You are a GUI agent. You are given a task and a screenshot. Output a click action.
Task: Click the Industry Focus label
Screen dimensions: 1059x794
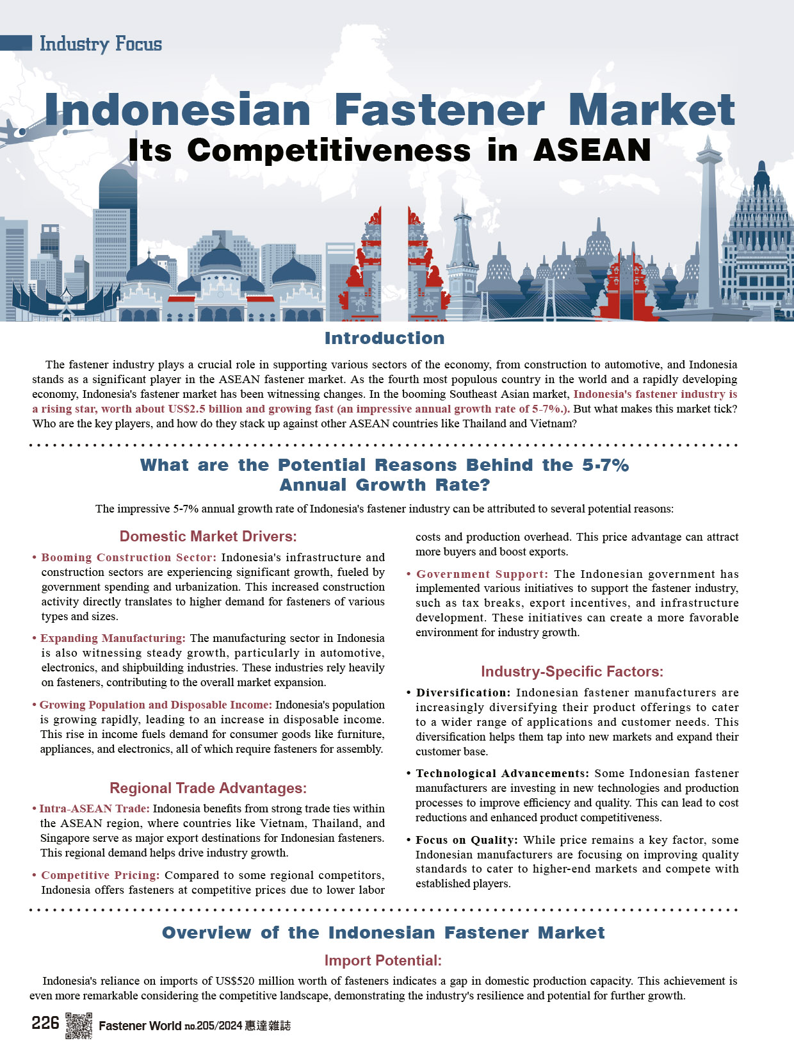(x=100, y=44)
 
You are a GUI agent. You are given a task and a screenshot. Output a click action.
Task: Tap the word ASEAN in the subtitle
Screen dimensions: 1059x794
(x=592, y=151)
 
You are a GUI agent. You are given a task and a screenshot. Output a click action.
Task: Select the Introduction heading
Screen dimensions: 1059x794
(x=384, y=338)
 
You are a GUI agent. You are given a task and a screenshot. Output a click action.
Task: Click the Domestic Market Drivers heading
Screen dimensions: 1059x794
(x=208, y=536)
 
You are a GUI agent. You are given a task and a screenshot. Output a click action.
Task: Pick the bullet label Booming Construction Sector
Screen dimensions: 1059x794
(x=128, y=557)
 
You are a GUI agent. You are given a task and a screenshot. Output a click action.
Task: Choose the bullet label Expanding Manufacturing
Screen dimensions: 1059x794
(x=112, y=638)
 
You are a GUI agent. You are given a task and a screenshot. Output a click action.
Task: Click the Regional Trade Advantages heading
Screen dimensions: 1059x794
(x=208, y=788)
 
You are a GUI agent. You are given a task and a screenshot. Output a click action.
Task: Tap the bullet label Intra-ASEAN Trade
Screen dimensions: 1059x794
(x=94, y=809)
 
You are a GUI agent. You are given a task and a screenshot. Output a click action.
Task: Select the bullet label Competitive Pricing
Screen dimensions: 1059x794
(x=100, y=875)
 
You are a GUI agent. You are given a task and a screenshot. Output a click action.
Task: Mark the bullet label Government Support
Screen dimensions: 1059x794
(x=482, y=574)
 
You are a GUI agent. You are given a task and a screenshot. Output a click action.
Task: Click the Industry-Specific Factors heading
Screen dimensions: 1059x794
(x=572, y=671)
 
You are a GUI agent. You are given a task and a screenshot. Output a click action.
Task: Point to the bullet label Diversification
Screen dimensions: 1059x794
(x=463, y=693)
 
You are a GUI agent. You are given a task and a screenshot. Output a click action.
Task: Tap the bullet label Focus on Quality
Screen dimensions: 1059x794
(x=466, y=840)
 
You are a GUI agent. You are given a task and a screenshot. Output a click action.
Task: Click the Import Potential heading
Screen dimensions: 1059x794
(x=383, y=960)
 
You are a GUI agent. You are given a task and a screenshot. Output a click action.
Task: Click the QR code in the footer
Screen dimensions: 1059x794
(x=79, y=1025)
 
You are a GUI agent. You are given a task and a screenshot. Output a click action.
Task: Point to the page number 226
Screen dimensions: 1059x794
(x=45, y=1023)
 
